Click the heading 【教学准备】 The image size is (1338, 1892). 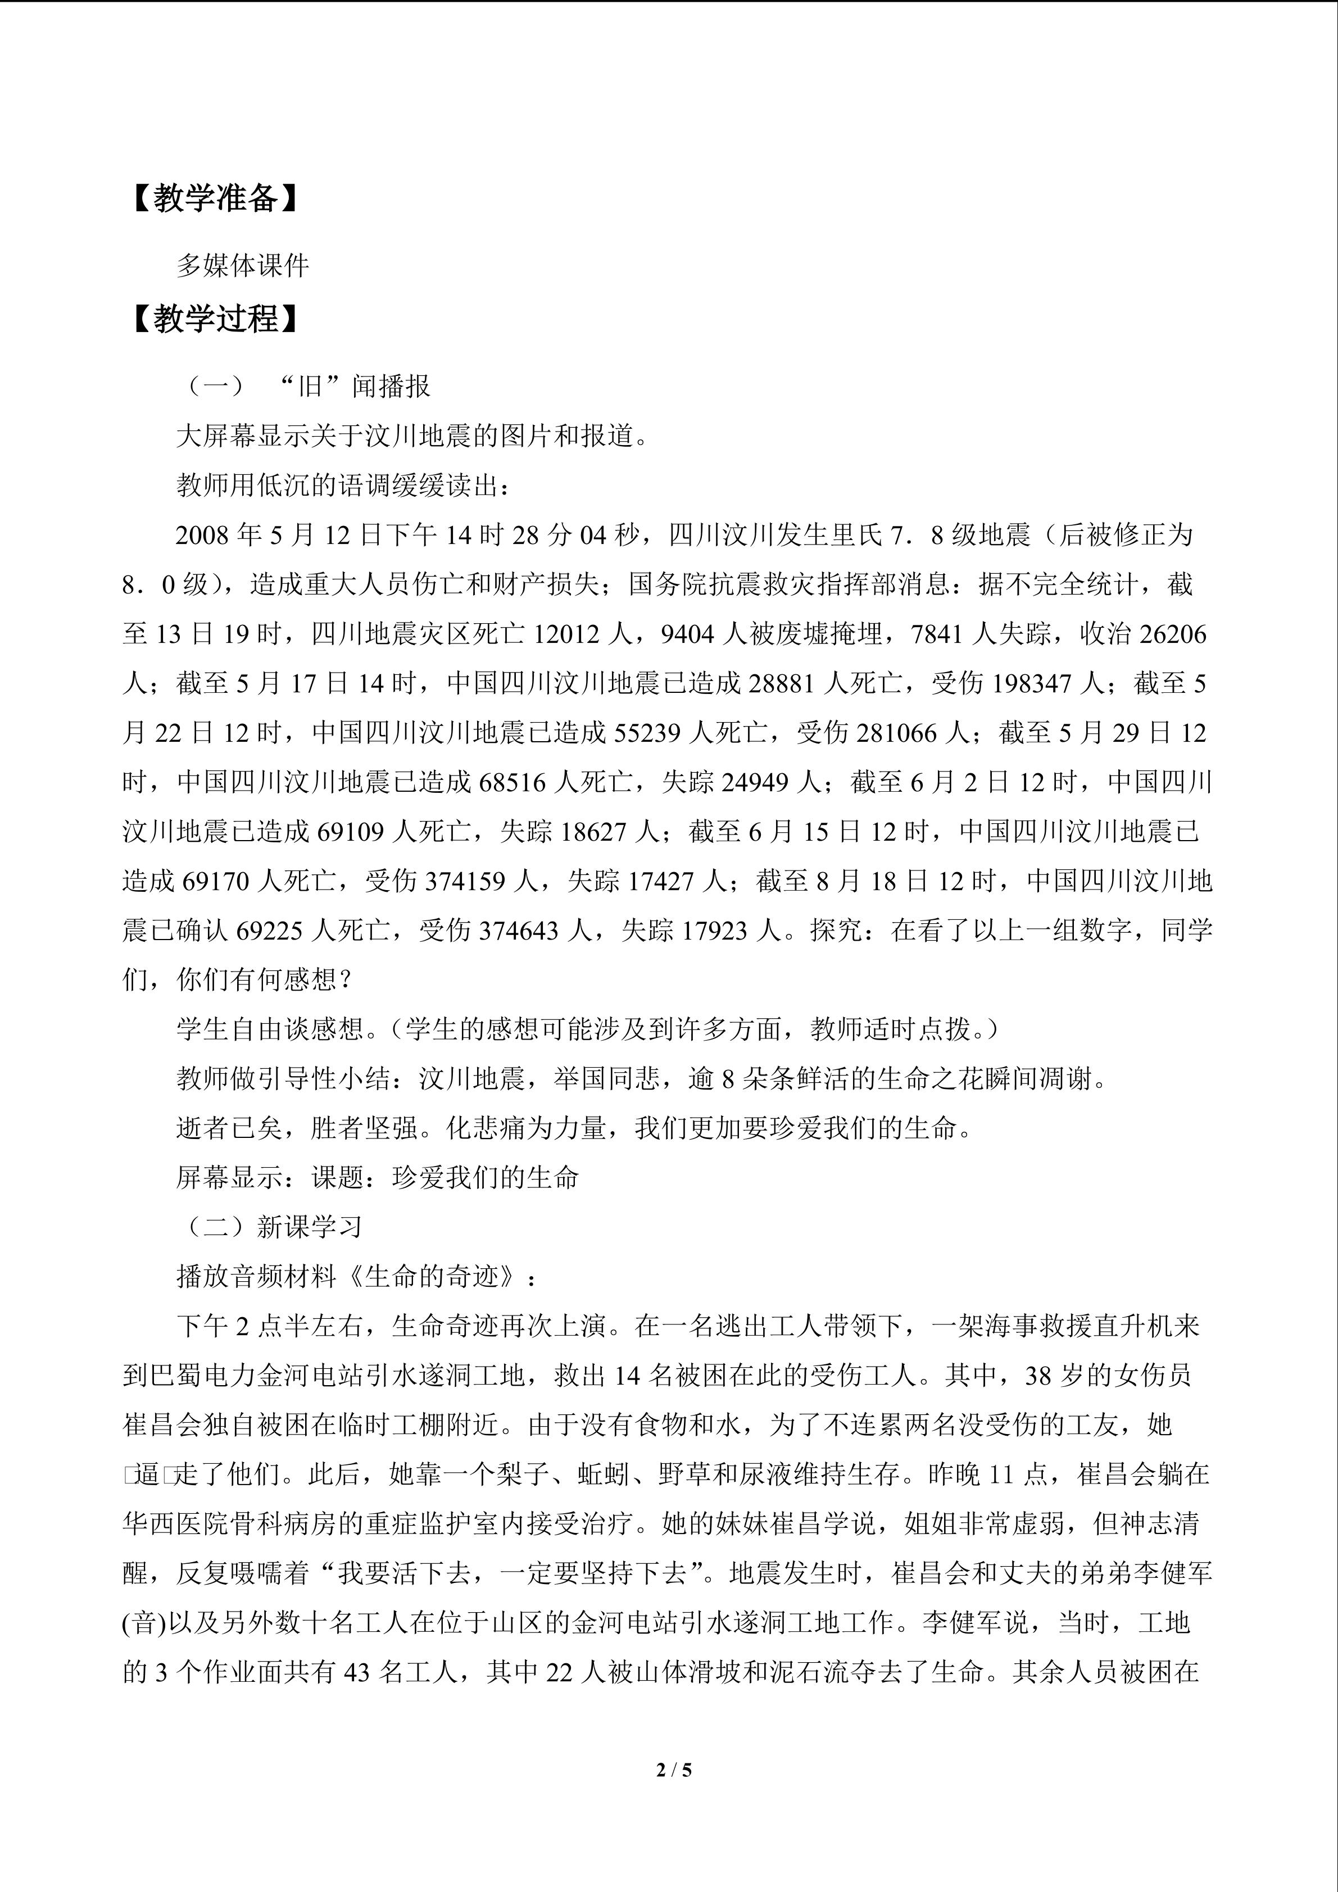click(214, 198)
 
